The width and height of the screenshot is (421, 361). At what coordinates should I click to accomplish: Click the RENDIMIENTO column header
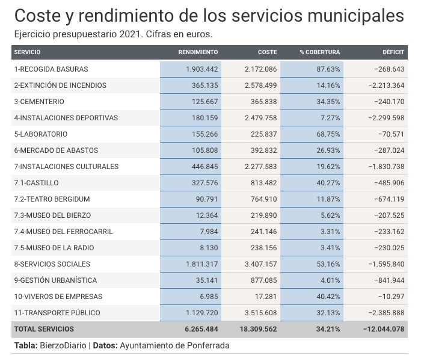(198, 52)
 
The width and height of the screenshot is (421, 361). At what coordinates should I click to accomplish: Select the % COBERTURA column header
(320, 52)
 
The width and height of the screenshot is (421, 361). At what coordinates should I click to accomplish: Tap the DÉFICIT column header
(393, 52)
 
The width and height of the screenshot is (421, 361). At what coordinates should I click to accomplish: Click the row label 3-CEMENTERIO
(39, 102)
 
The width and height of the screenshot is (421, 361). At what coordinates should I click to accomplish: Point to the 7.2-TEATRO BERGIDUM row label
(52, 199)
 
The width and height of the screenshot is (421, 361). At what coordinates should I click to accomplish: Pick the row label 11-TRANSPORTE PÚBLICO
(57, 313)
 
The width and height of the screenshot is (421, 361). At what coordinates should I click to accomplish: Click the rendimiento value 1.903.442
(202, 69)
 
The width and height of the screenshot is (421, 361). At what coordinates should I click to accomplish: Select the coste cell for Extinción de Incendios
(260, 85)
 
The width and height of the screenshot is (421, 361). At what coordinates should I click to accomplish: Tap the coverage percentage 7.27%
(330, 118)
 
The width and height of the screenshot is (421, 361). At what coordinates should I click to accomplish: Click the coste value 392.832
(263, 150)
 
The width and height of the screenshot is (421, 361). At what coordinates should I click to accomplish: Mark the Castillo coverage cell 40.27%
(328, 183)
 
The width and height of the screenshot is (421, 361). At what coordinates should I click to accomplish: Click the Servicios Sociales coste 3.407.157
(260, 264)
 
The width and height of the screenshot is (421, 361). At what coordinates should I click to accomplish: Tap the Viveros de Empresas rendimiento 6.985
(209, 297)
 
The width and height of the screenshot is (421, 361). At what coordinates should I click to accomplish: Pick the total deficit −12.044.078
(384, 329)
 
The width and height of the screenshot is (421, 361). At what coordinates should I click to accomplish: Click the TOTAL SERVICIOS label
(44, 329)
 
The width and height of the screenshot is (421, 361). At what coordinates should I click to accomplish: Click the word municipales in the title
(355, 16)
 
